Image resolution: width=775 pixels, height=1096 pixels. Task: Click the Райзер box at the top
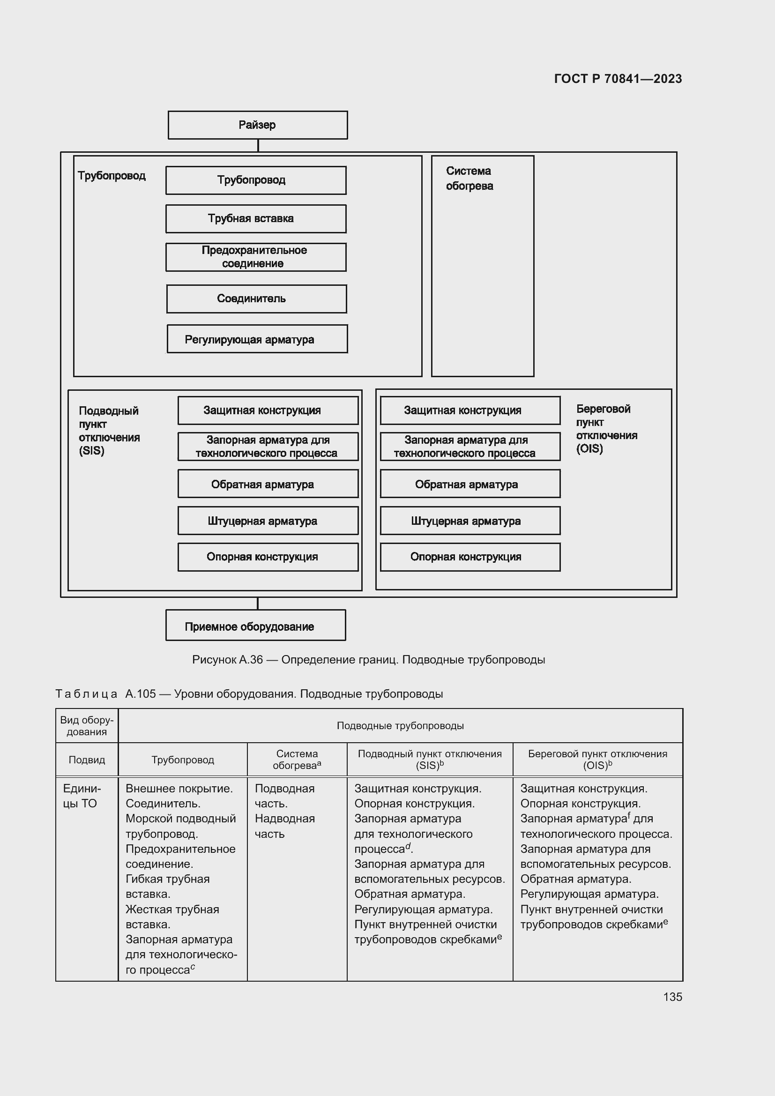[x=258, y=125]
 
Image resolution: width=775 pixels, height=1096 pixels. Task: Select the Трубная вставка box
[x=256, y=219]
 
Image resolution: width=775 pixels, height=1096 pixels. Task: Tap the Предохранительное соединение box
[x=256, y=257]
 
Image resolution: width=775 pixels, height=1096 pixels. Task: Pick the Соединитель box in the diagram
[x=256, y=299]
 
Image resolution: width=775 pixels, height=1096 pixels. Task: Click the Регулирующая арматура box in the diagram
[x=257, y=339]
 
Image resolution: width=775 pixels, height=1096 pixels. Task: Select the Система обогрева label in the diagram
[x=469, y=179]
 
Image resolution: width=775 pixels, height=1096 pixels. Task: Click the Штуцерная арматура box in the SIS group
[x=268, y=521]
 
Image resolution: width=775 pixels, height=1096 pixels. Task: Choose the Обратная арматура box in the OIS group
[x=470, y=484]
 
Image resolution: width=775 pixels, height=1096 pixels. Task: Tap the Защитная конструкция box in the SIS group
[x=268, y=410]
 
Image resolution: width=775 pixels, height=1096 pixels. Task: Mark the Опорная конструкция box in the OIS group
[x=470, y=557]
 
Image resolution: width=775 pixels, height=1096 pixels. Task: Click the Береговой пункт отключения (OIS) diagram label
[x=606, y=429]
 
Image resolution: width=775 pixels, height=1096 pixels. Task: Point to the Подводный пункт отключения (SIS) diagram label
[x=109, y=431]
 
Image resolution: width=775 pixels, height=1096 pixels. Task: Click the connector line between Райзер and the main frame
[x=258, y=146]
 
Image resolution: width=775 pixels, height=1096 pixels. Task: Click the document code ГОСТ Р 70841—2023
[x=618, y=79]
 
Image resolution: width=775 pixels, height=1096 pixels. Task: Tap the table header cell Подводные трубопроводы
[x=400, y=725]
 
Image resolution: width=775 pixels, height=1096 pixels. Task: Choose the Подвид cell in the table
[x=86, y=760]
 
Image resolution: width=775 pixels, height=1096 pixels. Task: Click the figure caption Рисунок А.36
[x=368, y=660]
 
